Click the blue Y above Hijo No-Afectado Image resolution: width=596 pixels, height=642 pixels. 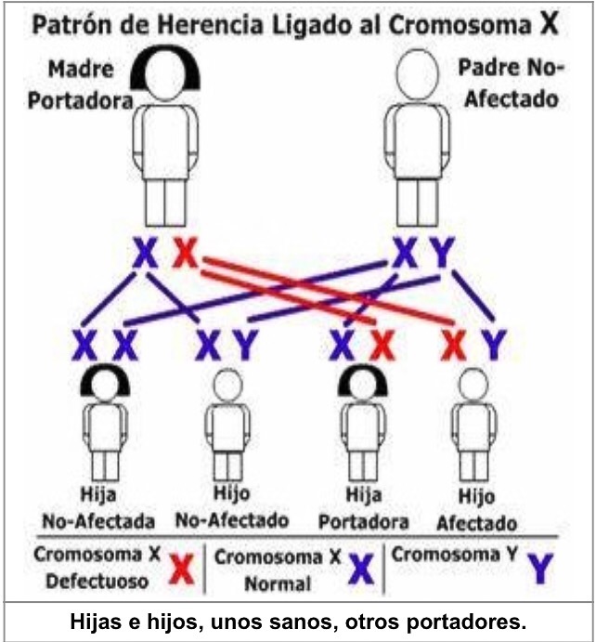pyautogui.click(x=244, y=346)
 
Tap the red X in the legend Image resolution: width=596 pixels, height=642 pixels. pyautogui.click(x=183, y=569)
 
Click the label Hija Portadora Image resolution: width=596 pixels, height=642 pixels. pyautogui.click(x=351, y=507)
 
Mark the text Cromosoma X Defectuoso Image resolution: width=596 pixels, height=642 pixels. pyautogui.click(x=97, y=568)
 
